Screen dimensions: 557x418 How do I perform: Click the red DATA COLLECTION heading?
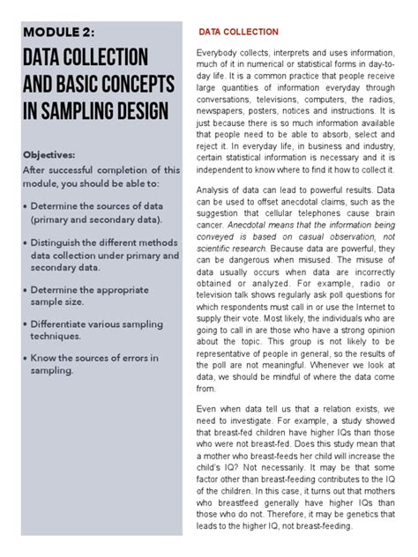tap(238, 33)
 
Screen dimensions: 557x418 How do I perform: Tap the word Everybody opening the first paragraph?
tap(221, 56)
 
